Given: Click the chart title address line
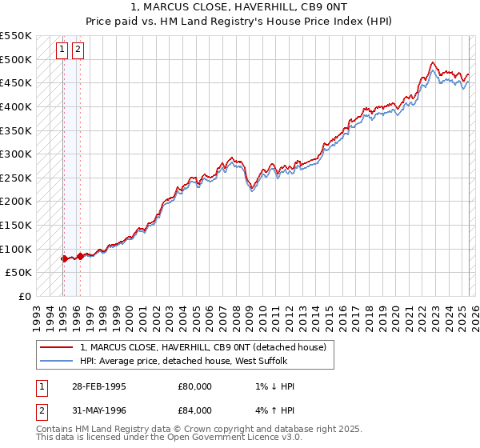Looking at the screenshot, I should click(x=240, y=7).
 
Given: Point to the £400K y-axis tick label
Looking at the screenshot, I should click(x=16, y=106).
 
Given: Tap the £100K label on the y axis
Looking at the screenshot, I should click(x=16, y=249).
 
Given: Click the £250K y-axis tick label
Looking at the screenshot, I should click(x=16, y=178).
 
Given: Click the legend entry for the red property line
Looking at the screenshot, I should click(x=202, y=348).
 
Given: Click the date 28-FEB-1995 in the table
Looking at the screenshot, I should click(x=98, y=386).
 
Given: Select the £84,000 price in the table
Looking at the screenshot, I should click(x=195, y=412).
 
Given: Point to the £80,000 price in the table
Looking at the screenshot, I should click(x=195, y=386).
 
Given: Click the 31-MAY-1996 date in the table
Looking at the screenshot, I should click(x=98, y=412).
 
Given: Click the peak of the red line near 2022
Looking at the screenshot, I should click(x=433, y=62).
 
